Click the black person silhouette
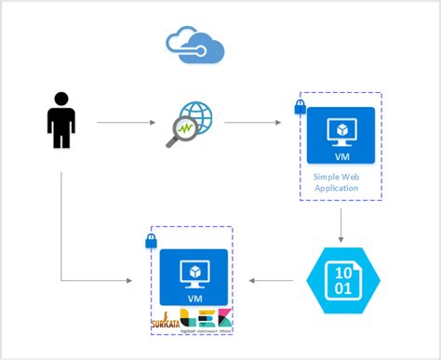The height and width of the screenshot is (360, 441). (61, 120)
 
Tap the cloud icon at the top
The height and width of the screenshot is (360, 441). (195, 44)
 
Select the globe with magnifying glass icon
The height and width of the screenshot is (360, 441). (190, 124)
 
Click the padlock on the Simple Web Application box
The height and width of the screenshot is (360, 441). (301, 108)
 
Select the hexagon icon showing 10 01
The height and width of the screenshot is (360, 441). (344, 282)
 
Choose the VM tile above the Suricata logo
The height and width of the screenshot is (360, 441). (194, 276)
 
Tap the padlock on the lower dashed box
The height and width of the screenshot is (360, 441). (152, 242)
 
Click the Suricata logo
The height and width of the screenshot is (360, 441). (165, 322)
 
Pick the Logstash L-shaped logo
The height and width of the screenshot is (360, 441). (188, 319)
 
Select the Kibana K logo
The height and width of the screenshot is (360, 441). (224, 317)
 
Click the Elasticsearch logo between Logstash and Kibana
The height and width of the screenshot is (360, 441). (207, 319)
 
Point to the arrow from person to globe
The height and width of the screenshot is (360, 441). (125, 122)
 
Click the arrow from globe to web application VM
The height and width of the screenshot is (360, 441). (253, 122)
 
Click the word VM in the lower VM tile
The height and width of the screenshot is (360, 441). (194, 299)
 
